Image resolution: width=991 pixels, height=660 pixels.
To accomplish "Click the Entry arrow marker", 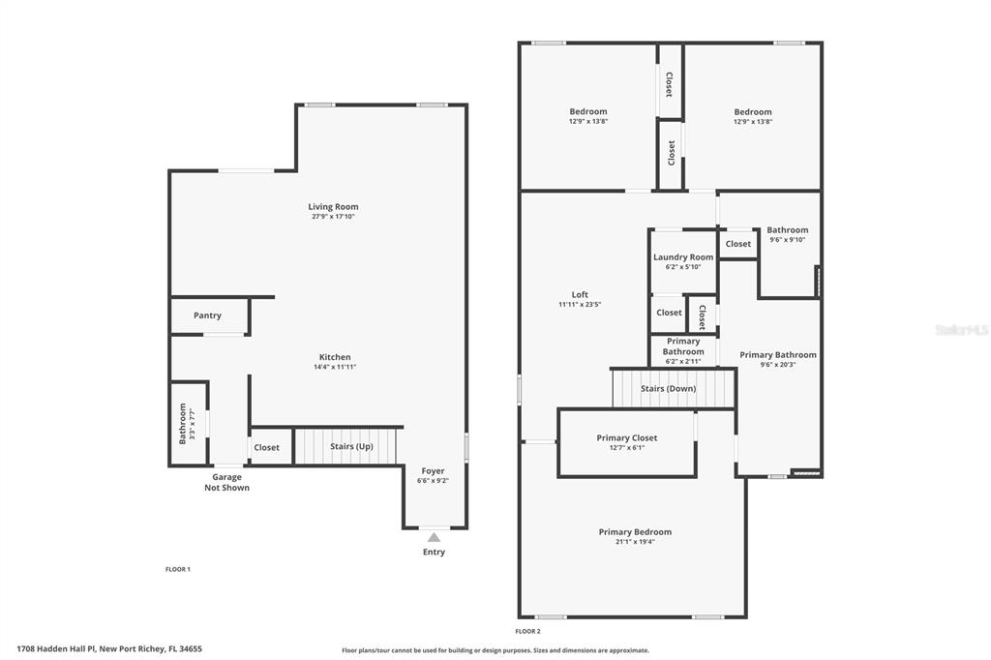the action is pos(434,537).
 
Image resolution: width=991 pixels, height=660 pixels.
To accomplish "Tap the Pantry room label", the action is pos(207,315).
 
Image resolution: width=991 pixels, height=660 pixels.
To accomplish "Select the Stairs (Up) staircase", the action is pos(346,446).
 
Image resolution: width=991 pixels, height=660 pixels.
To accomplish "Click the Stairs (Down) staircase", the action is pos(674,388).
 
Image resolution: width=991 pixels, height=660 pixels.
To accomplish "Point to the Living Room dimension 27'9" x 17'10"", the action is pos(333,216).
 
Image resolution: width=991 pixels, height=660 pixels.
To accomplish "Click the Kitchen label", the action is pos(335,357).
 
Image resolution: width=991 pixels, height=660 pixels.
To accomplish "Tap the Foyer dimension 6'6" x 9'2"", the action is pos(433,480).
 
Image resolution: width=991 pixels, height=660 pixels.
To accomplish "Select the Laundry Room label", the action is pos(683,257).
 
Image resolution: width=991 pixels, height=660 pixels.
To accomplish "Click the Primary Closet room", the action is pos(627,442).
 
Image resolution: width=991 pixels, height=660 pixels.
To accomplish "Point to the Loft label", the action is pos(580,294).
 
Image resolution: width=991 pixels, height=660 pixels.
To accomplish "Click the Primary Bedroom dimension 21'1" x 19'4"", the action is pos(635,542).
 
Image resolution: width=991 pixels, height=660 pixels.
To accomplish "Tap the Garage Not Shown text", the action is pos(226,482).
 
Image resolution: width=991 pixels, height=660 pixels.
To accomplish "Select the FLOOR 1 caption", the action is pos(178,569).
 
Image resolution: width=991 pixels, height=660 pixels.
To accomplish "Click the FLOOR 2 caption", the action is pos(527,631).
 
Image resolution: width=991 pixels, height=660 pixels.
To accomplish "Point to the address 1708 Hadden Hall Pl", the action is pos(56,648).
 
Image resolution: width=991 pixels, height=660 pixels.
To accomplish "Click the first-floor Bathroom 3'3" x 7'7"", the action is pos(188,424).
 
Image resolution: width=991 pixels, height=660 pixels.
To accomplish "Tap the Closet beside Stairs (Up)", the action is pos(267,448).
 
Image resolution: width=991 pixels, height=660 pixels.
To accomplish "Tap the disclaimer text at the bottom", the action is pos(495,650).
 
